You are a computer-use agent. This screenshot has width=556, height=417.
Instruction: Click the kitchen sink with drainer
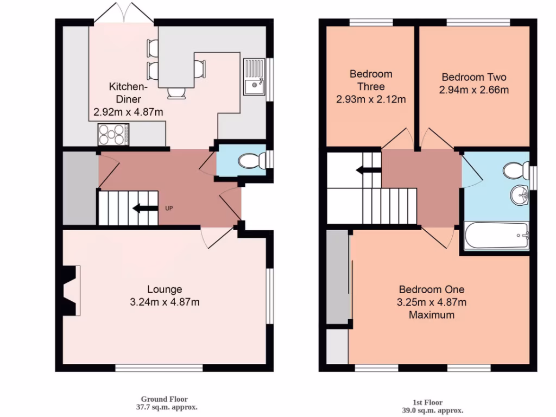tap(254, 77)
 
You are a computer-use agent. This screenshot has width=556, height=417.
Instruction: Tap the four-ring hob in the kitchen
tap(113, 134)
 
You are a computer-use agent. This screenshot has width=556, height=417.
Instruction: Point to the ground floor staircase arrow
tap(142, 207)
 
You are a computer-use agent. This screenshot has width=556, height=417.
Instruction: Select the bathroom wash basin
tap(520, 195)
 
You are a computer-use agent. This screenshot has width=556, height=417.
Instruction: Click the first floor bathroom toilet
tap(515, 170)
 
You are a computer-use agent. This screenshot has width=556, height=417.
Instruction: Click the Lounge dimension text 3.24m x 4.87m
tap(165, 302)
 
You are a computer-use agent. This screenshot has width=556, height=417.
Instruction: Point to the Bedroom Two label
tap(473, 77)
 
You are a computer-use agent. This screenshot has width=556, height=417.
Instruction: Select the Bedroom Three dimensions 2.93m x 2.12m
tap(371, 99)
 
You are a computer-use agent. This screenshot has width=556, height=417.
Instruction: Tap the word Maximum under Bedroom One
tap(432, 314)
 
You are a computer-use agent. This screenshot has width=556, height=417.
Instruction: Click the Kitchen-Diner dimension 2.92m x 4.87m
tap(128, 112)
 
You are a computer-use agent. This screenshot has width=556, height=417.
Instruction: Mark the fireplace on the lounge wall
tap(71, 290)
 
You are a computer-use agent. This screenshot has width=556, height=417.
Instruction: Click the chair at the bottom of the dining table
tap(176, 93)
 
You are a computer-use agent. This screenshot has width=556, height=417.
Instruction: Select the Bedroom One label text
tap(432, 289)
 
